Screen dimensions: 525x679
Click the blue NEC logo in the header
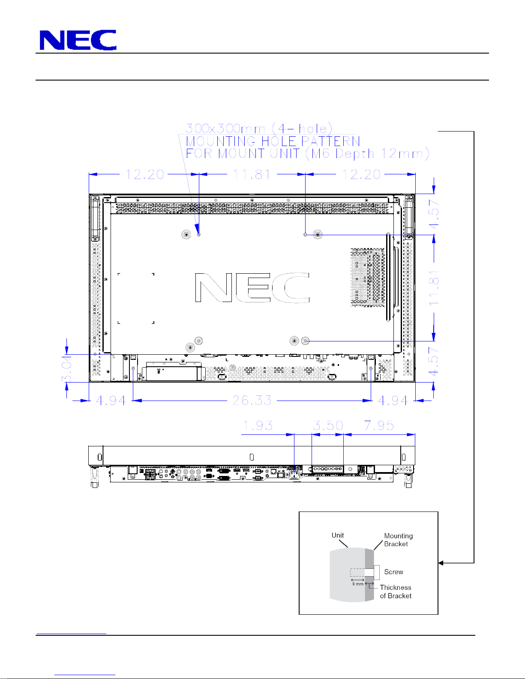(78, 40)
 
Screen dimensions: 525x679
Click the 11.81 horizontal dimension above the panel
(252, 174)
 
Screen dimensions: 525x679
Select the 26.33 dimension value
(252, 400)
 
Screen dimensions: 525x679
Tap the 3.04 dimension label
(67, 369)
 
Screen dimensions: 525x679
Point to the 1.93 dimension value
(258, 425)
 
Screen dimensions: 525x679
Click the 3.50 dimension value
(328, 425)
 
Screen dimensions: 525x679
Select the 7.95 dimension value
(379, 425)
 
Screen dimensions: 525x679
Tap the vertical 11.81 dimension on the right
(434, 288)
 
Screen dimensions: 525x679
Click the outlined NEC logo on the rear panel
(252, 287)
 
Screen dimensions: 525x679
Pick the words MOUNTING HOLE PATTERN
(273, 141)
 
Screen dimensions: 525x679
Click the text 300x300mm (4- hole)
(259, 129)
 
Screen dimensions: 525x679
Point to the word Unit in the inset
(338, 535)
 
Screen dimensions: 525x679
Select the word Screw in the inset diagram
(393, 572)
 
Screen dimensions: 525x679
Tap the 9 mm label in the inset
(358, 584)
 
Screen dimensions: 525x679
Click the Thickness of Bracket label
(396, 592)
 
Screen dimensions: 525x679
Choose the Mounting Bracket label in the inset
(399, 540)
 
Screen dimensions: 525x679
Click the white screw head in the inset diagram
(377, 572)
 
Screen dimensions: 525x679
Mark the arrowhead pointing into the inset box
(441, 563)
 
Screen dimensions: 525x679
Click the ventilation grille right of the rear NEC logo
(368, 278)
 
